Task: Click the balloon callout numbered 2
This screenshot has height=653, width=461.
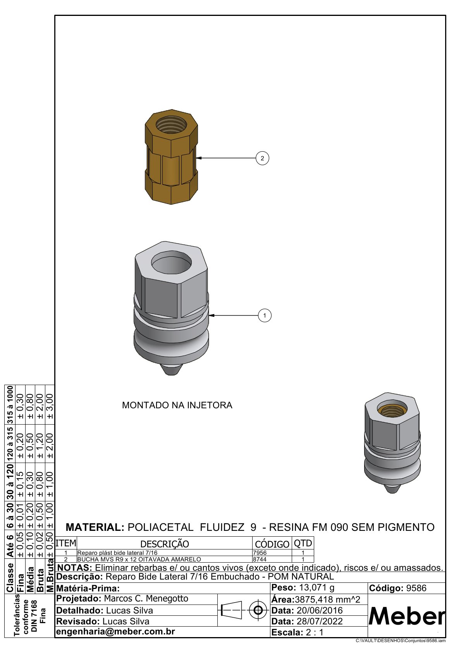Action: (262, 158)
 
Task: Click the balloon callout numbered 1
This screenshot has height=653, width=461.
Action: (265, 316)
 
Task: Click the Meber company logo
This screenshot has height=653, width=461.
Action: (406, 616)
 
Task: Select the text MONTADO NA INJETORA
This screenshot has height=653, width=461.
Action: (177, 405)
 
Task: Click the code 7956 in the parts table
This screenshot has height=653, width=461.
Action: (260, 553)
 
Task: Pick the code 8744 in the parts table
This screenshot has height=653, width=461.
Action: (260, 560)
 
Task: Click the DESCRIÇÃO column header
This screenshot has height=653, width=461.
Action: (165, 544)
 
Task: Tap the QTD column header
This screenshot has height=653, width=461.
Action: (303, 544)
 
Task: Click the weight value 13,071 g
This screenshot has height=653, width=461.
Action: (317, 588)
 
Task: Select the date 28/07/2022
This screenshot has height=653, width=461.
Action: (320, 621)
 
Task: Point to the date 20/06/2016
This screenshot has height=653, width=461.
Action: (320, 610)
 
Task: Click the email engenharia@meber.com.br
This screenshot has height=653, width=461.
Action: (115, 632)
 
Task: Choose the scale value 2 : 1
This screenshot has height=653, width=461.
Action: (314, 632)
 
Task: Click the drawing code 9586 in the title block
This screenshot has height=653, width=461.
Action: (416, 588)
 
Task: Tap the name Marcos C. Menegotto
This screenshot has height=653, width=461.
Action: (146, 599)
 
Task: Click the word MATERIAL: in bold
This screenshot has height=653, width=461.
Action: (95, 527)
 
